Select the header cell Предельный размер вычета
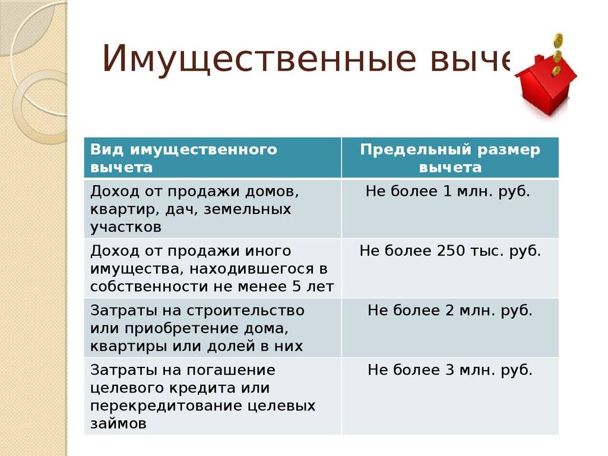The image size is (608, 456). coord(450,158)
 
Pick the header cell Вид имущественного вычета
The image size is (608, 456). coord(213,158)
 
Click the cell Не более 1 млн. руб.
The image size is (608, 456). coord(450,208)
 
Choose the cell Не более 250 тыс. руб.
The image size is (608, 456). coord(450,268)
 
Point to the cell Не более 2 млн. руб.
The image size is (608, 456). coord(450,328)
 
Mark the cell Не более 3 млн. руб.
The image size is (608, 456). coord(450,396)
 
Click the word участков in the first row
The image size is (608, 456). coord(126,227)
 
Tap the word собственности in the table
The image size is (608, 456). coord(149,287)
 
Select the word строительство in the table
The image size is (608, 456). coord(245,311)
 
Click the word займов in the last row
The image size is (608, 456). coord(118,423)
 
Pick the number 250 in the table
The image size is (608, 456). coord(451,251)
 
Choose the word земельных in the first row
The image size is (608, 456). coord(247,210)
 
